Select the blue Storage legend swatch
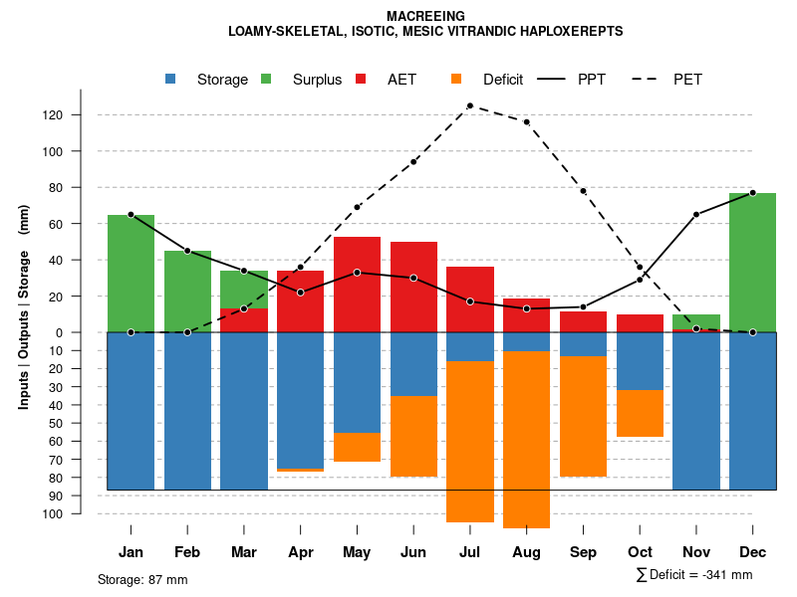pyautogui.click(x=172, y=80)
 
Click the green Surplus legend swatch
pyautogui.click(x=267, y=80)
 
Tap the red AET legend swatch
pyautogui.click(x=362, y=80)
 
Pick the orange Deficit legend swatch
pyautogui.click(x=457, y=80)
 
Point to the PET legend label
pyautogui.click(x=687, y=80)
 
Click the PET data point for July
pyautogui.click(x=469, y=105)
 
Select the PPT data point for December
pyautogui.click(x=752, y=193)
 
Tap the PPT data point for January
pyautogui.click(x=131, y=215)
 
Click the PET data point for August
pyautogui.click(x=526, y=122)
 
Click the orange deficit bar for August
pyautogui.click(x=526, y=439)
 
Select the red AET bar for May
pyautogui.click(x=357, y=284)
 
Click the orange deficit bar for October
pyautogui.click(x=640, y=413)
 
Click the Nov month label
pyautogui.click(x=695, y=552)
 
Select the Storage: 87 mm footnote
pyautogui.click(x=142, y=579)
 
